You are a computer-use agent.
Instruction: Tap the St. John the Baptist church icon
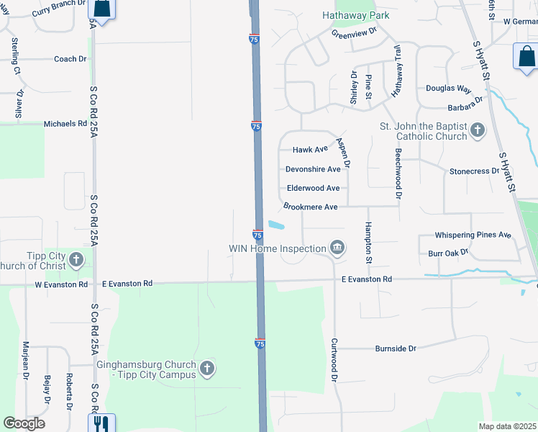(x=477, y=130)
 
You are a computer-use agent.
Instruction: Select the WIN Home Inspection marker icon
(x=336, y=248)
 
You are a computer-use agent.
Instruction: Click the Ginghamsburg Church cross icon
(x=206, y=369)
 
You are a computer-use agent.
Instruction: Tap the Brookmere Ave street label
(x=310, y=207)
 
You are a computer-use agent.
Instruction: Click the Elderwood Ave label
(x=313, y=188)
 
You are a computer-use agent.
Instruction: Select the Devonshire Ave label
(x=313, y=169)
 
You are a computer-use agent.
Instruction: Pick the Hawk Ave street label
(x=310, y=150)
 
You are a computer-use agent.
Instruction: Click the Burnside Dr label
(x=396, y=348)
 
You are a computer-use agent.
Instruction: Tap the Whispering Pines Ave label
(x=473, y=235)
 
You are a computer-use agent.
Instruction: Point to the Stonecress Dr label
(x=474, y=171)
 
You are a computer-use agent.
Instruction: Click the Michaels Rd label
(x=65, y=124)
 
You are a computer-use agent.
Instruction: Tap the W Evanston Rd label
(x=61, y=284)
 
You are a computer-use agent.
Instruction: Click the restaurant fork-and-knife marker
(x=101, y=423)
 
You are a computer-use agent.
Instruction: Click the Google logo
(x=24, y=423)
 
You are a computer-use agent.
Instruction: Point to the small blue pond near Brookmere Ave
(x=275, y=225)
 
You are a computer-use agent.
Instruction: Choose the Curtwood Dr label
(x=334, y=360)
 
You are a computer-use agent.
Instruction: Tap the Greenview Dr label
(x=354, y=32)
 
